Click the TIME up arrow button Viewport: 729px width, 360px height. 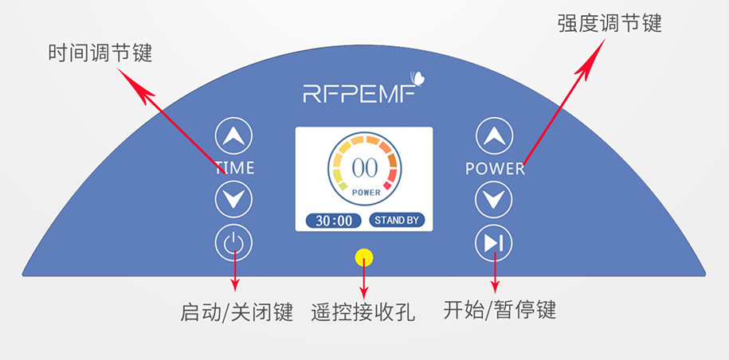(x=233, y=136)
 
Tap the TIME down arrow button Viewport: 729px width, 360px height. (x=233, y=200)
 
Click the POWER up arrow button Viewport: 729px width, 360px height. (x=494, y=136)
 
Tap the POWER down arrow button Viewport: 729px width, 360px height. (x=494, y=200)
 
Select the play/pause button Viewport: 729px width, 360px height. (x=494, y=243)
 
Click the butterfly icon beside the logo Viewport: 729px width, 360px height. (x=417, y=78)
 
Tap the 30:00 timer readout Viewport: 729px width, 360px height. (x=333, y=221)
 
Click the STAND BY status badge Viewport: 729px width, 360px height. (x=397, y=221)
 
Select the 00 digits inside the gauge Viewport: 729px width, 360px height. (x=364, y=168)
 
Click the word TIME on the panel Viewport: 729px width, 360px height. (x=234, y=168)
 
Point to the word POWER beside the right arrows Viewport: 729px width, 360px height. (x=495, y=169)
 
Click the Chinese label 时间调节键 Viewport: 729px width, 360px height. (x=100, y=54)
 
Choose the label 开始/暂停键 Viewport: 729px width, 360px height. (x=499, y=310)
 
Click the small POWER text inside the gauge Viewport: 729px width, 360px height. (x=366, y=192)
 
